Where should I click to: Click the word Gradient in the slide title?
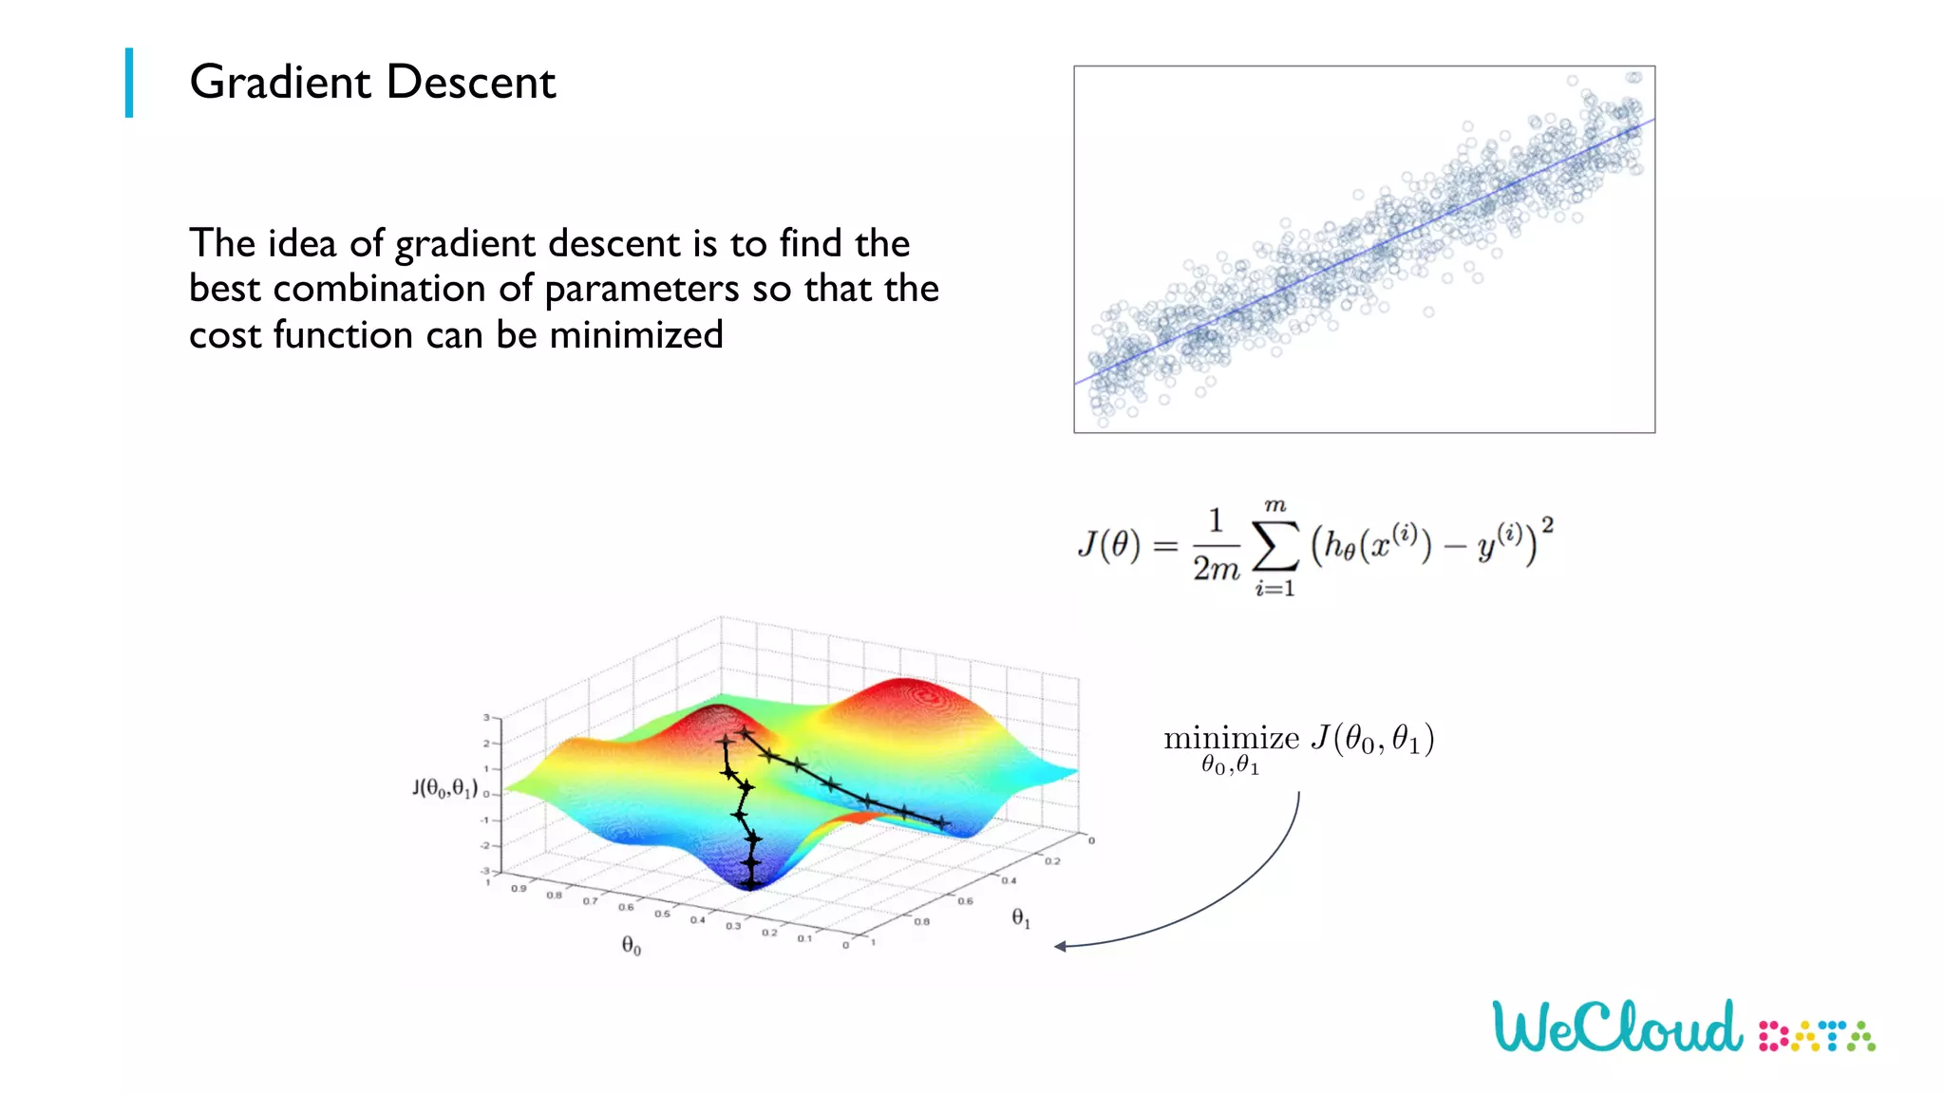tap(279, 83)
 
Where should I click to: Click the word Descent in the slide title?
tap(471, 83)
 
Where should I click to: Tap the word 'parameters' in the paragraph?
tap(641, 290)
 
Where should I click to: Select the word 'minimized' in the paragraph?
tap(636, 335)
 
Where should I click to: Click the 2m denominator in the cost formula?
tap(1216, 569)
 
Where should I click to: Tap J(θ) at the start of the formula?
tap(1108, 545)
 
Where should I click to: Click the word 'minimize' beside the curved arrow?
tap(1231, 738)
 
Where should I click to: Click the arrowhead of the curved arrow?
tap(1060, 946)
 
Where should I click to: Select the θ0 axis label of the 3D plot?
tap(632, 946)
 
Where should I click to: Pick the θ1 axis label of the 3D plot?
tap(1021, 917)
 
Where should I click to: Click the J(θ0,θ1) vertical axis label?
tap(444, 788)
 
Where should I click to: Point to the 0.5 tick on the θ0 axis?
tap(662, 914)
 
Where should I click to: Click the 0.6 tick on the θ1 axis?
tap(965, 900)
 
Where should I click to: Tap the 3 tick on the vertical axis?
tap(486, 718)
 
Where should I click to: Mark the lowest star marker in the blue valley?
tap(751, 883)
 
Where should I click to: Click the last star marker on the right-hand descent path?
tap(941, 822)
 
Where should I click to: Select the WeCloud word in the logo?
tap(1617, 1027)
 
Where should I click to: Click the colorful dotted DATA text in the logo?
tap(1817, 1036)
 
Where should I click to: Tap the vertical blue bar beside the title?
tap(129, 83)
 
